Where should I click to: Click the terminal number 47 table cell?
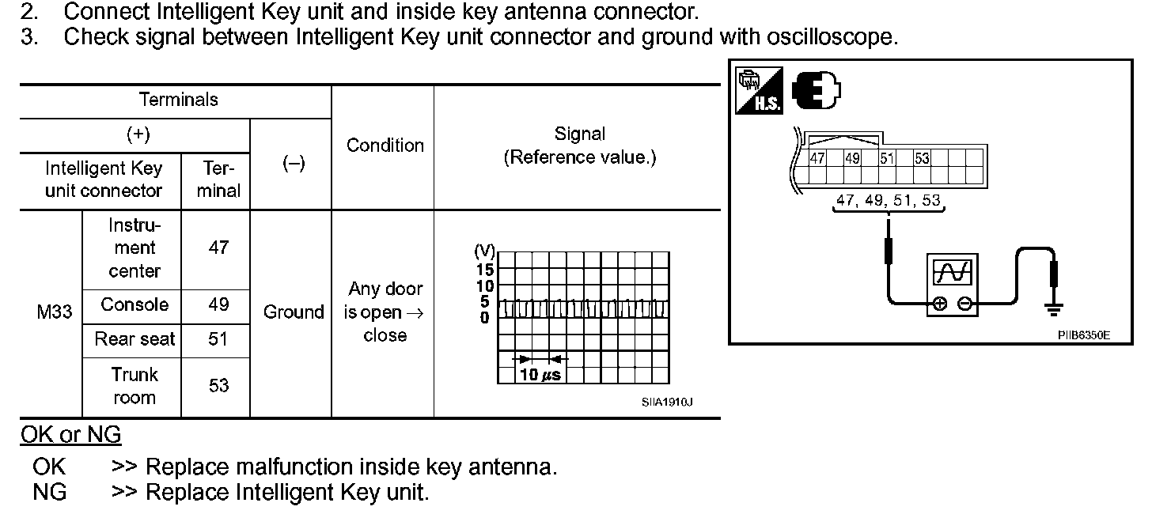(x=218, y=248)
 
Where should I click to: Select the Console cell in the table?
(x=135, y=305)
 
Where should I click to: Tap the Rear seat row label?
(x=135, y=339)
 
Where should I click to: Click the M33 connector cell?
(x=54, y=312)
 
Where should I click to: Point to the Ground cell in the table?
(x=294, y=312)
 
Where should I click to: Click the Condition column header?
(x=385, y=146)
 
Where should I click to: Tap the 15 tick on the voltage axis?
(x=484, y=270)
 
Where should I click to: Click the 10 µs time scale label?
(x=540, y=375)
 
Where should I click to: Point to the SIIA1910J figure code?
(x=667, y=402)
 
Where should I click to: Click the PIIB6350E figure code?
(x=1083, y=335)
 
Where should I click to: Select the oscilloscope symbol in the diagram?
(x=952, y=285)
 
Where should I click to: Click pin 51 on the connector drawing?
(x=887, y=158)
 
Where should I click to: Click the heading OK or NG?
(x=70, y=435)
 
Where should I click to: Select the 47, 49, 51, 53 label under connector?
(x=889, y=201)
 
